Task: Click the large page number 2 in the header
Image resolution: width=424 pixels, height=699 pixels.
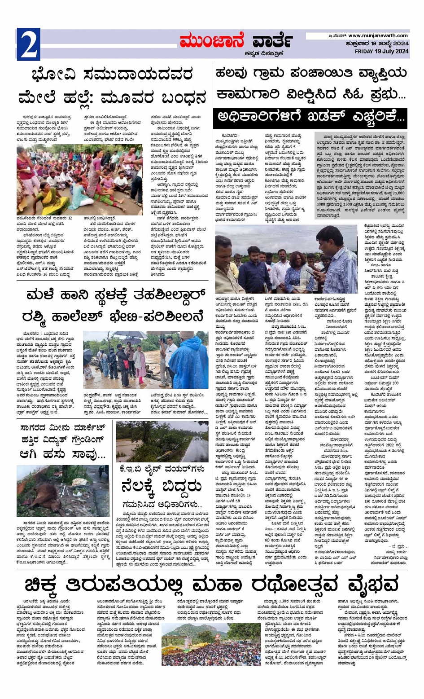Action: [x=28, y=44]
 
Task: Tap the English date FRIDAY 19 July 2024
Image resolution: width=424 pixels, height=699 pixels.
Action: [x=381, y=51]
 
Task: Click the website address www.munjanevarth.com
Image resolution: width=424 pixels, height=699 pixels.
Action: [x=378, y=36]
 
